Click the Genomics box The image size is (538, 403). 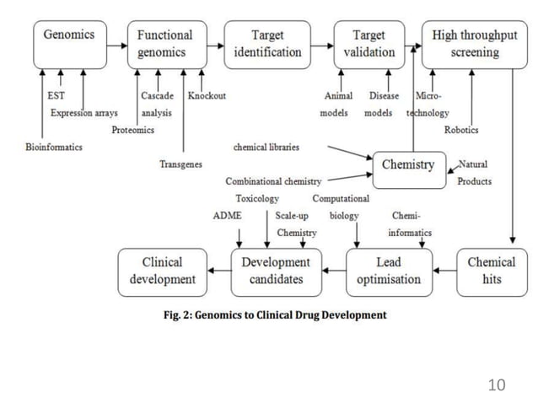(x=69, y=44)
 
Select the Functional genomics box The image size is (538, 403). (x=165, y=44)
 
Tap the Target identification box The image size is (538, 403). (x=267, y=44)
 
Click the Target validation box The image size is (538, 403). (x=369, y=44)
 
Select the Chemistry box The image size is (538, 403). (x=407, y=164)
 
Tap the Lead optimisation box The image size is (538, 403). (x=389, y=270)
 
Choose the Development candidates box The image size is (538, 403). (x=276, y=270)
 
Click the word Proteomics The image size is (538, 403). (x=133, y=130)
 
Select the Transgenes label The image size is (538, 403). (x=180, y=164)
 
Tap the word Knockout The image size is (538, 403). (x=207, y=96)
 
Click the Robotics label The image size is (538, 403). (x=461, y=130)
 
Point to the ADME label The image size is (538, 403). (x=227, y=216)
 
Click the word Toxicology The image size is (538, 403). (x=257, y=199)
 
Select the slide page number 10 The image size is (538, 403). (x=497, y=385)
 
